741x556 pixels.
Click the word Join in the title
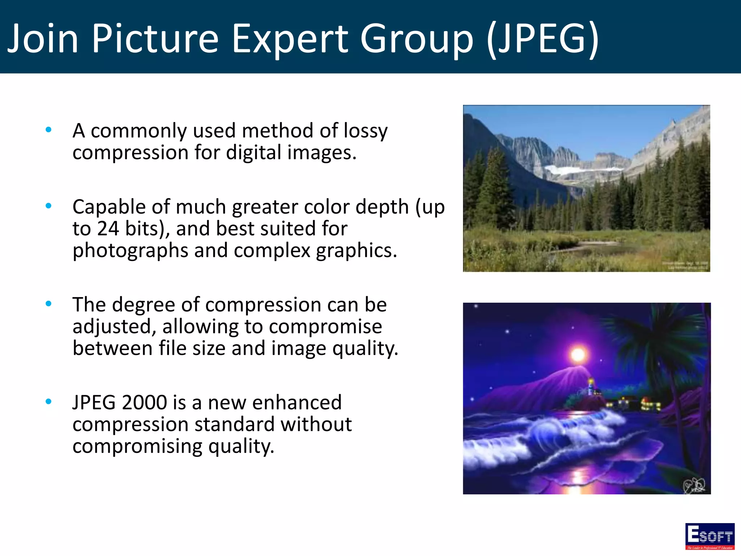[43, 38]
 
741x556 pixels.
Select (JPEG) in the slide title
[543, 38]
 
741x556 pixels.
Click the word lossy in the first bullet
[365, 131]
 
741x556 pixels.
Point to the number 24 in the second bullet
[108, 228]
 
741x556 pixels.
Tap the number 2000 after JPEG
[144, 402]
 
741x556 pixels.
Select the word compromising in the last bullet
[137, 446]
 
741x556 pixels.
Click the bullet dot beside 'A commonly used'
[48, 130]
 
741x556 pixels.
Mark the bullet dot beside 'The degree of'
[48, 304]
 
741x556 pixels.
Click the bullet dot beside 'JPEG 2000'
[48, 401]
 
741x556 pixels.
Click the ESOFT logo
[710, 536]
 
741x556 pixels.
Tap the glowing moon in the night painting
[578, 354]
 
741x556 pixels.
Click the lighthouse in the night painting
[590, 387]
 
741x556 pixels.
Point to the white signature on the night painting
[694, 485]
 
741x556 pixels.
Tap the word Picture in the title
[155, 38]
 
